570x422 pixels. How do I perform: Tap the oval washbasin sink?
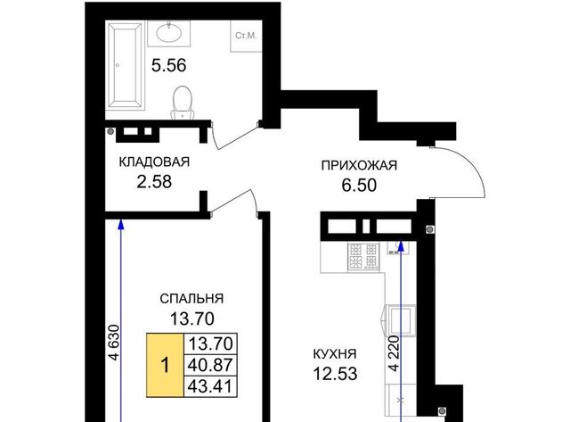(x=168, y=33)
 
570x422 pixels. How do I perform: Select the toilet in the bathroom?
(x=183, y=103)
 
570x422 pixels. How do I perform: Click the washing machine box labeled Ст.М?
(x=246, y=36)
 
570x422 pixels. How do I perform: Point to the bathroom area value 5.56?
(x=168, y=65)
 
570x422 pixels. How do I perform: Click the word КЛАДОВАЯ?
(x=154, y=161)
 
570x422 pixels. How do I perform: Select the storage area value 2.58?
(x=154, y=182)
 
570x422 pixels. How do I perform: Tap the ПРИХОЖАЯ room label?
(x=359, y=165)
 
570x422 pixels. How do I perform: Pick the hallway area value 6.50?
(x=359, y=186)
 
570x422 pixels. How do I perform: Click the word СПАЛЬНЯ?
(x=191, y=299)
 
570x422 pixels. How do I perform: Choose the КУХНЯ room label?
(x=335, y=353)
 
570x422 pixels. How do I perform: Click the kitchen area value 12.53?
(x=335, y=374)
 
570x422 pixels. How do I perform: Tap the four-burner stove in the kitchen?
(x=363, y=258)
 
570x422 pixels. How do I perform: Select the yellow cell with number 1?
(x=165, y=365)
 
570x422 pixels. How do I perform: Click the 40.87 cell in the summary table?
(x=210, y=365)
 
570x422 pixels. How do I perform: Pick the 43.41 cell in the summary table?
(x=210, y=386)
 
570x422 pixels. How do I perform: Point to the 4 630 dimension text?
(x=115, y=343)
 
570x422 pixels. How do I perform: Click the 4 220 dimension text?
(x=395, y=353)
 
